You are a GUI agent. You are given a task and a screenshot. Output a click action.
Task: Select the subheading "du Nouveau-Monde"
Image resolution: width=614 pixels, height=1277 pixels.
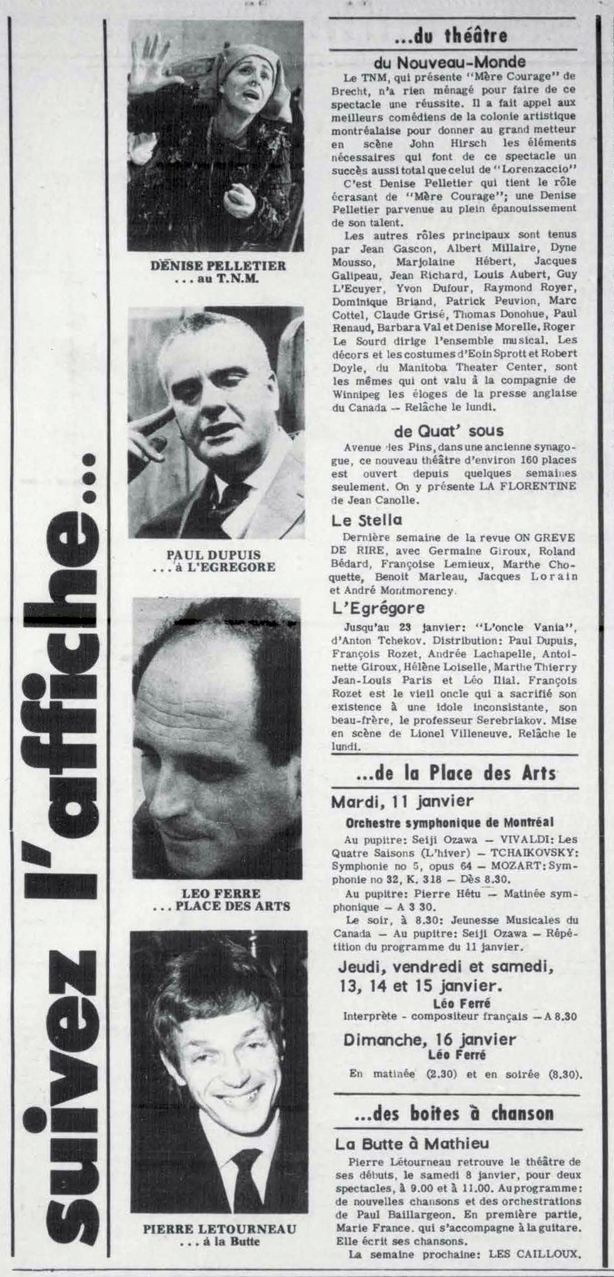pyautogui.click(x=450, y=62)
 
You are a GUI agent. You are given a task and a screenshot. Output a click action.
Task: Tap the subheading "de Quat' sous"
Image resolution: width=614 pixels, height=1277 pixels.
pyautogui.click(x=448, y=431)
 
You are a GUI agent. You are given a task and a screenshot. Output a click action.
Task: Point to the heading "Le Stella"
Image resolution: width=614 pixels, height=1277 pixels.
pyautogui.click(x=367, y=520)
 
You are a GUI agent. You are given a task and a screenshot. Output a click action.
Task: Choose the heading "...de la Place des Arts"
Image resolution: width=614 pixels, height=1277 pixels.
pyautogui.click(x=455, y=772)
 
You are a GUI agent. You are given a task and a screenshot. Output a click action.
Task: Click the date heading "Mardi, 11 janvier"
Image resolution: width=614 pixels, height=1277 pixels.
pyautogui.click(x=402, y=801)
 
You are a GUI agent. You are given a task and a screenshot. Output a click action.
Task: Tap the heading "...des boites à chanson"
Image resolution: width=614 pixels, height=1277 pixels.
pyautogui.click(x=454, y=1113)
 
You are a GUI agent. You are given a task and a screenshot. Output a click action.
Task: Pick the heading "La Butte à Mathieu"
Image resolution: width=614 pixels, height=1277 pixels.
pyautogui.click(x=412, y=1143)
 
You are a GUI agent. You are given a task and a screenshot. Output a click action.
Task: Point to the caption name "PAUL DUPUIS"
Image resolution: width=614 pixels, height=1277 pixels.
pyautogui.click(x=213, y=555)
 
